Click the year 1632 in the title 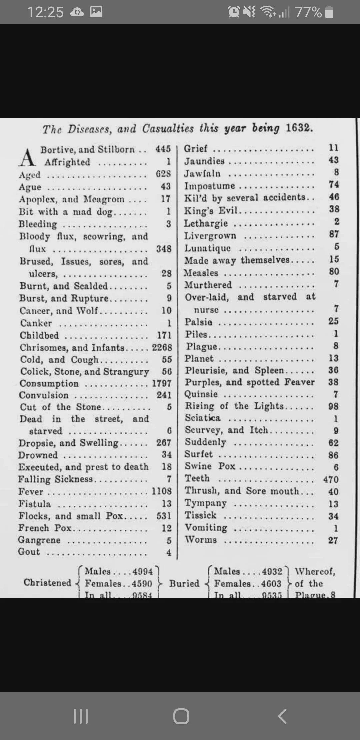(x=299, y=128)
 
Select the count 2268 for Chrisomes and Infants (x=162, y=347)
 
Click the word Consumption (x=49, y=383)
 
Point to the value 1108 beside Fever (x=162, y=491)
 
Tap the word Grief (x=196, y=149)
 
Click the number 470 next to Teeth (x=331, y=479)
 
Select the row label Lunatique (x=208, y=248)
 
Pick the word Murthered (x=208, y=285)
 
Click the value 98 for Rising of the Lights (x=333, y=406)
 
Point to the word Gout (x=29, y=552)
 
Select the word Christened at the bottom (x=47, y=583)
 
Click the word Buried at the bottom (x=184, y=583)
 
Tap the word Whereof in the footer (x=315, y=571)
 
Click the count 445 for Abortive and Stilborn (x=163, y=149)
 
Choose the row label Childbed (x=39, y=335)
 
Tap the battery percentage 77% (x=308, y=12)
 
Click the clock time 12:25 (x=45, y=12)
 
